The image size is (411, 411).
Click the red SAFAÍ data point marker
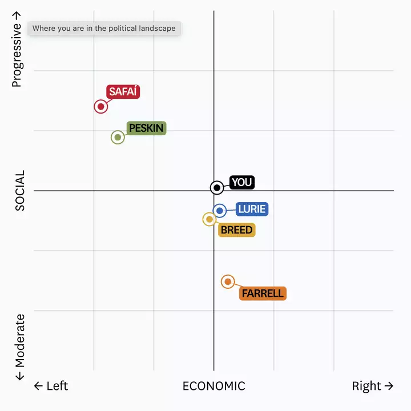pyautogui.click(x=101, y=106)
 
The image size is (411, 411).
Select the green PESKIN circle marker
pyautogui.click(x=118, y=137)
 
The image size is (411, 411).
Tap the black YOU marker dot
pyautogui.click(x=217, y=187)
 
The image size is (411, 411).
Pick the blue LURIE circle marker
pyautogui.click(x=220, y=211)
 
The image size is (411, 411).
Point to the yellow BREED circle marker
pyautogui.click(x=209, y=219)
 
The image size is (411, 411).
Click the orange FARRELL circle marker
pyautogui.click(x=228, y=281)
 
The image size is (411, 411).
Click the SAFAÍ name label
pyautogui.click(x=123, y=92)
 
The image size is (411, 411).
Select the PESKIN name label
pyautogui.click(x=146, y=128)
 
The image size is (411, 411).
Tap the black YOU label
pyautogui.click(x=241, y=182)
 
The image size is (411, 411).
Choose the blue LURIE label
pyautogui.click(x=252, y=209)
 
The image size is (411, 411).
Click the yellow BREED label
pyautogui.click(x=236, y=230)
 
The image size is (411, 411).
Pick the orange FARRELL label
pyautogui.click(x=263, y=293)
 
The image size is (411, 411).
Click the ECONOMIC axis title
pyautogui.click(x=213, y=386)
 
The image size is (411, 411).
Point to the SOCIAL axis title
pyautogui.click(x=21, y=191)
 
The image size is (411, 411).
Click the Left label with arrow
pyautogui.click(x=51, y=386)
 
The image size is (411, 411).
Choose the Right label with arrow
pyautogui.click(x=372, y=386)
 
